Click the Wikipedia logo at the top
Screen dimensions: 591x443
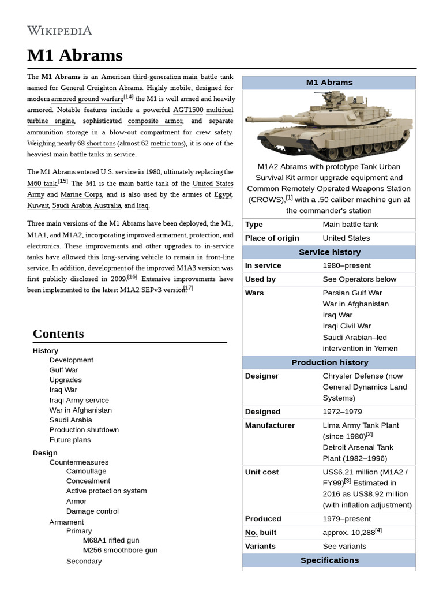pyautogui.click(x=59, y=31)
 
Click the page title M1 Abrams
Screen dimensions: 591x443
pyautogui.click(x=74, y=55)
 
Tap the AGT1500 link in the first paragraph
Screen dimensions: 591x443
pyautogui.click(x=188, y=110)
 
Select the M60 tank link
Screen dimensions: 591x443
pyautogui.click(x=42, y=184)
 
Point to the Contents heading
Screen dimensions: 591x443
pyautogui.click(x=58, y=334)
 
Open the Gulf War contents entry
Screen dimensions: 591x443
pyautogui.click(x=63, y=370)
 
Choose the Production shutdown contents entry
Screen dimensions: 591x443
pyautogui.click(x=84, y=430)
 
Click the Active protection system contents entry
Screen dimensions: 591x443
pyautogui.click(x=106, y=491)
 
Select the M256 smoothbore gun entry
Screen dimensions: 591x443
pyautogui.click(x=120, y=551)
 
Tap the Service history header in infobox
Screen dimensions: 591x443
pyautogui.click(x=329, y=252)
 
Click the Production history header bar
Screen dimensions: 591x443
pyautogui.click(x=329, y=362)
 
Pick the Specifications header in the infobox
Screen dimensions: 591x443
pyautogui.click(x=329, y=560)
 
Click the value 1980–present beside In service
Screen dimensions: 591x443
pyautogui.click(x=347, y=265)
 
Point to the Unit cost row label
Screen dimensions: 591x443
pyautogui.click(x=262, y=472)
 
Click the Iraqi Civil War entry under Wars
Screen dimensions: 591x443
pyautogui.click(x=347, y=326)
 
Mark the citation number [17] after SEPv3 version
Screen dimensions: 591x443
pyautogui.click(x=189, y=288)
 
